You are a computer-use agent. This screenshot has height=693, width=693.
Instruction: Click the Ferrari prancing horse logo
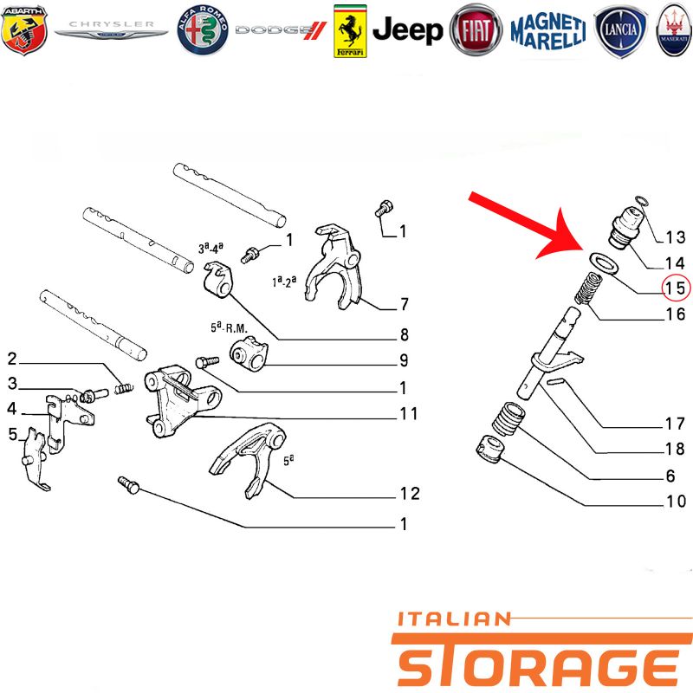pos(350,31)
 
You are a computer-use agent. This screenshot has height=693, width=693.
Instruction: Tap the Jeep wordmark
pos(407,30)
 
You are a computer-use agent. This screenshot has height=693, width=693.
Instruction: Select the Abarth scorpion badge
pos(24,30)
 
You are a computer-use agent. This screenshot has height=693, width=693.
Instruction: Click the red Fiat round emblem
pos(476,30)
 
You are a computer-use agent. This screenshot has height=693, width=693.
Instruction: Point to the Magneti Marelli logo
pos(548,31)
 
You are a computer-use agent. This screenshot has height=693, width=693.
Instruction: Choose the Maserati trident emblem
pos(675,30)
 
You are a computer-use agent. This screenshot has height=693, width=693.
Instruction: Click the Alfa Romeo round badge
pos(203,30)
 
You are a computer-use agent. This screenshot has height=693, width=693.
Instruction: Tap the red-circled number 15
pos(676,288)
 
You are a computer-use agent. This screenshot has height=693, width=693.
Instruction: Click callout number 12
pos(409,494)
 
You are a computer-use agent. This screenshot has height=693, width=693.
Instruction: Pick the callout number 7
pos(404,304)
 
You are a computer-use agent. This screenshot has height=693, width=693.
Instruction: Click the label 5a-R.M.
pos(229,328)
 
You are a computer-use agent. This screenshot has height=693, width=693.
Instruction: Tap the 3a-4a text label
pos(210,248)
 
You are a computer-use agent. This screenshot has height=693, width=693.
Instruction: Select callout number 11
pos(408,414)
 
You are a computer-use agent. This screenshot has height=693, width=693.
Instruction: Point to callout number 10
pos(676,502)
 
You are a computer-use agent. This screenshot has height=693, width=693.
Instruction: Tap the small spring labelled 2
pos(124,388)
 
